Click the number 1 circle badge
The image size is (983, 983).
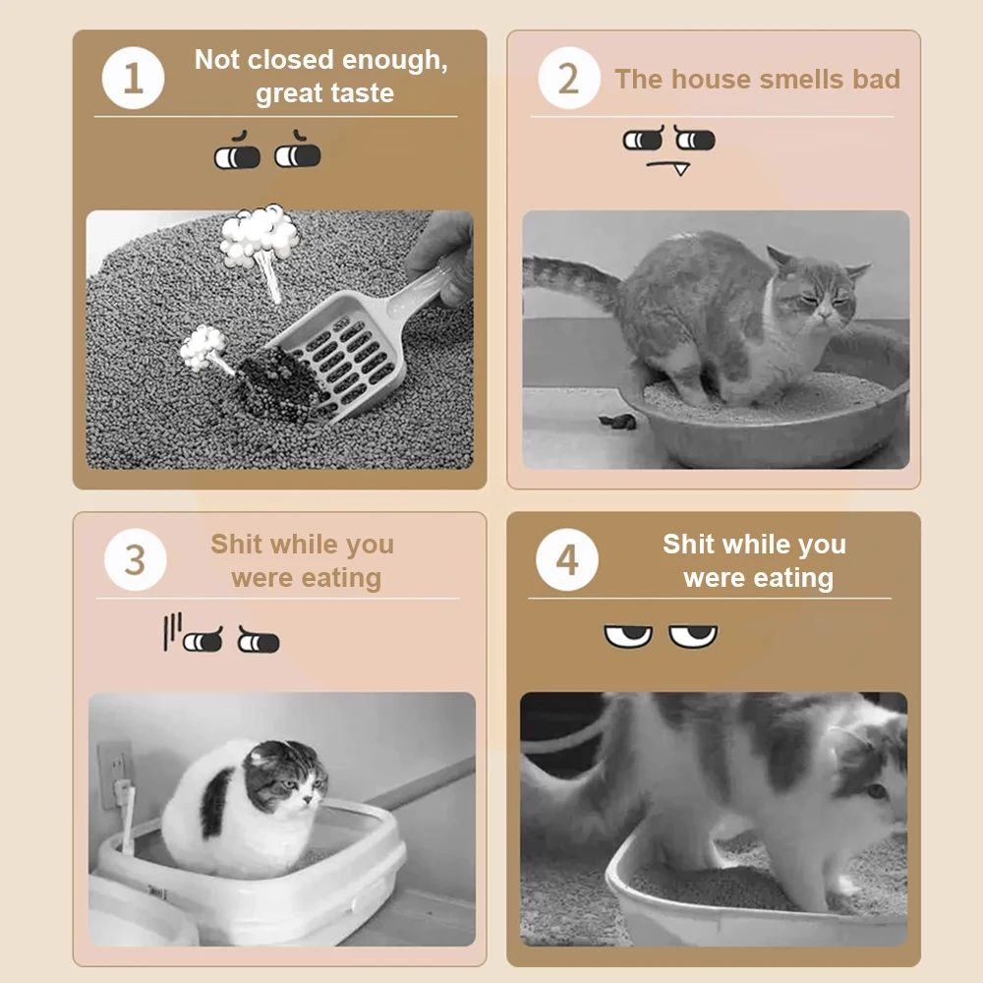click(x=133, y=78)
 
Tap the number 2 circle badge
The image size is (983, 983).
click(x=569, y=78)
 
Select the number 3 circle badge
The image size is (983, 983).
click(x=136, y=560)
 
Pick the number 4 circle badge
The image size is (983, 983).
click(x=567, y=560)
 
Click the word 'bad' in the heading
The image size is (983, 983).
click(x=876, y=80)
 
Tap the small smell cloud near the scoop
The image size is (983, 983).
click(x=202, y=346)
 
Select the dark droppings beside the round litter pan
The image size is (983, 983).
click(x=618, y=422)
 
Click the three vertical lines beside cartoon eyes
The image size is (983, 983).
click(x=172, y=631)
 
